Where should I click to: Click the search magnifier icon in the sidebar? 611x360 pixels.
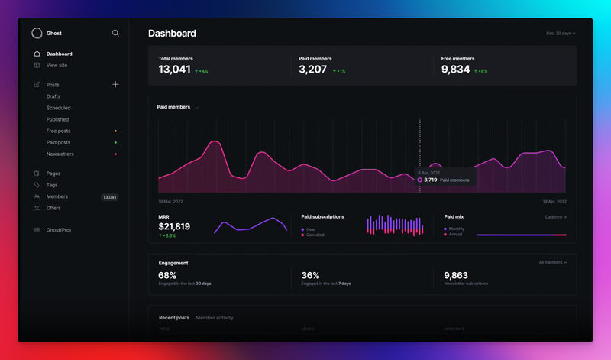[x=115, y=33]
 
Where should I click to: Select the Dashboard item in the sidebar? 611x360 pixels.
[x=59, y=54]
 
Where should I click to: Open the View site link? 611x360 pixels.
[x=57, y=65]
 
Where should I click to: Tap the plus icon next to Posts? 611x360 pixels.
[x=115, y=84]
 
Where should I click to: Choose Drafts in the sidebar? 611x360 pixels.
[x=53, y=96]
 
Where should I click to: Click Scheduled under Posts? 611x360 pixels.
[x=58, y=108]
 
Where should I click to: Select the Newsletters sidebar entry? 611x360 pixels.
[x=60, y=154]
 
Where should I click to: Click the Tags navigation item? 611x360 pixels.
[x=52, y=185]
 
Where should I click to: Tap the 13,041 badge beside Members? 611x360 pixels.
[x=110, y=197]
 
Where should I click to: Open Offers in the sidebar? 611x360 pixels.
[x=53, y=208]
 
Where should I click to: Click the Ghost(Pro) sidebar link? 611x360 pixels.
[x=59, y=230]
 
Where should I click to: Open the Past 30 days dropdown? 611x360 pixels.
[x=561, y=34]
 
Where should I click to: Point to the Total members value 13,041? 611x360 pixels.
[x=174, y=70]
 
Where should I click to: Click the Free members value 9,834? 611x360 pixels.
[x=456, y=70]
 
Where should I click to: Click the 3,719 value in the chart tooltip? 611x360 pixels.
[x=431, y=180]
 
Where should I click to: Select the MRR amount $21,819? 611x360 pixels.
[x=174, y=227]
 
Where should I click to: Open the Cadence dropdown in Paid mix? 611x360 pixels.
[x=556, y=217]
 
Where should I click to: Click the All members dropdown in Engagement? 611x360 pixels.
[x=552, y=262]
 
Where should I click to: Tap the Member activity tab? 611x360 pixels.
[x=215, y=317]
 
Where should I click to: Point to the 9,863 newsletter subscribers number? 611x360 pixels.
[x=456, y=275]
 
